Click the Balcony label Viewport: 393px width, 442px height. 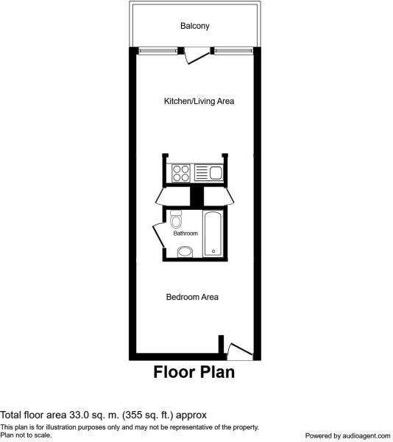195,26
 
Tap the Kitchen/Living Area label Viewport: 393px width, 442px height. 199,101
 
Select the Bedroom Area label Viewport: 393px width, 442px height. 192,297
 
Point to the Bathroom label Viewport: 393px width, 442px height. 185,233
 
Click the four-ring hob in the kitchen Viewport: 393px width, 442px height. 181,173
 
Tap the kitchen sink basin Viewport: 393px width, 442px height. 216,172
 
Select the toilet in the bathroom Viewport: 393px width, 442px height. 176,220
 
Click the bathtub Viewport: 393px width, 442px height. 213,234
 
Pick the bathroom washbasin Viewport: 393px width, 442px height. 185,252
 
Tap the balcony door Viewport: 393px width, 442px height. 196,57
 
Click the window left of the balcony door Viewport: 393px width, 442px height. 158,51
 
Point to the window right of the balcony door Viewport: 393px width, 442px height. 233,51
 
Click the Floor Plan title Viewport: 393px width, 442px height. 194,372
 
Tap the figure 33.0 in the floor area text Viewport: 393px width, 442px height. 79,415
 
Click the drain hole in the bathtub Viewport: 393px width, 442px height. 213,251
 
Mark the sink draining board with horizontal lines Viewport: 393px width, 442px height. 202,173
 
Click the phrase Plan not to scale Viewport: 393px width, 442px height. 26,435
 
